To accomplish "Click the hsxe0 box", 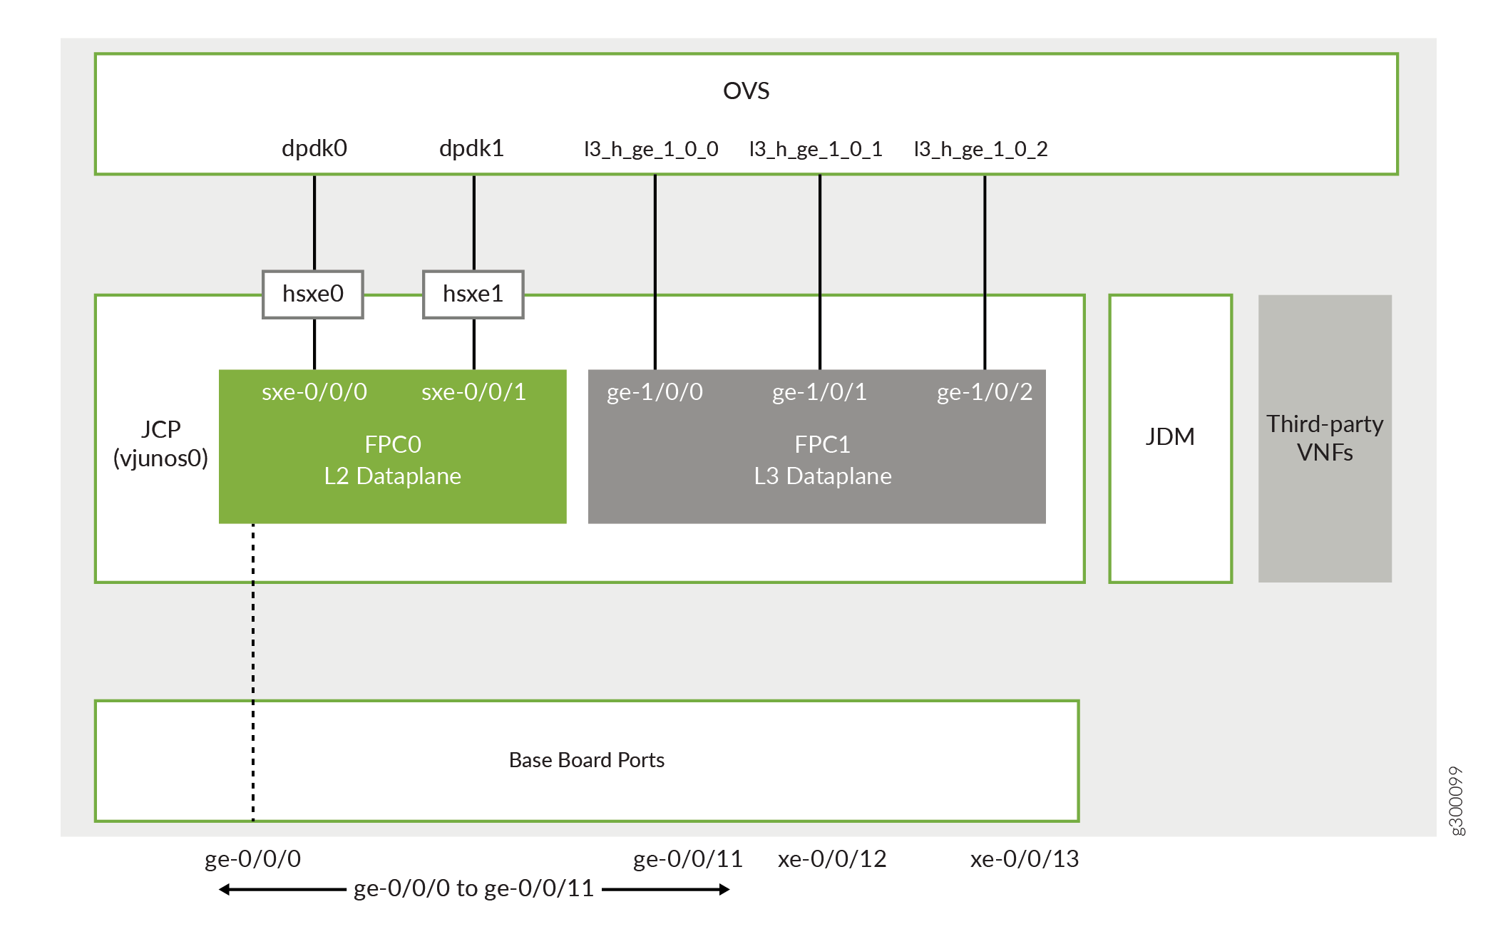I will (313, 294).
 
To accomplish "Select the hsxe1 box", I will (473, 294).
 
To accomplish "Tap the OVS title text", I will (746, 91).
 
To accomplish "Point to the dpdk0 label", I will (314, 148).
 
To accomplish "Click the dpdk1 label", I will (471, 148).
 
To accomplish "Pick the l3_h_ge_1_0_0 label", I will (651, 149).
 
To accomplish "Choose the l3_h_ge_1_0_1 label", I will (816, 149).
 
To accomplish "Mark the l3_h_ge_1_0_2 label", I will (981, 149).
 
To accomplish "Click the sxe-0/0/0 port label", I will (314, 391).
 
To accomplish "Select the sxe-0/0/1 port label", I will (473, 391).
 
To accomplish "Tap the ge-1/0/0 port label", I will (655, 391).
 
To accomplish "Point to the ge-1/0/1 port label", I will (819, 391).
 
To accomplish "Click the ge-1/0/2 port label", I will (985, 391).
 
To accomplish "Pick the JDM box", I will (1170, 437).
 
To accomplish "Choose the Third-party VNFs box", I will (1325, 438).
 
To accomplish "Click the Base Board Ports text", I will (586, 760).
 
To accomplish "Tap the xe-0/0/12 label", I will (832, 859).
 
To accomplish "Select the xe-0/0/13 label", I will (1025, 859).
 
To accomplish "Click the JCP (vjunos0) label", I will (160, 443).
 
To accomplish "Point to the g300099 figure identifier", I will (1456, 800).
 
